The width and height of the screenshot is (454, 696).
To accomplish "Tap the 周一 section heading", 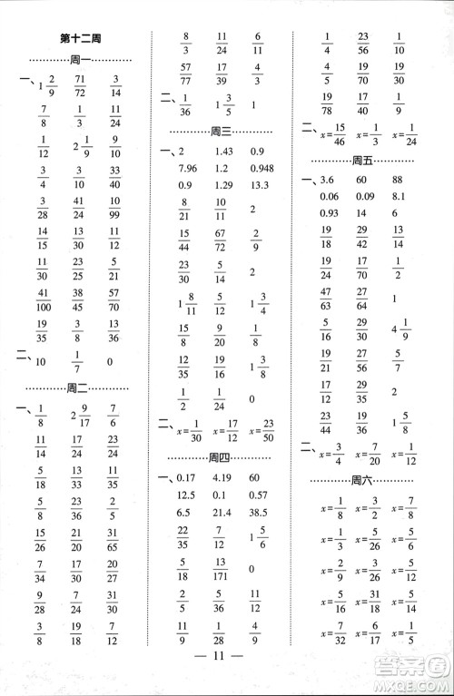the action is tap(80, 60).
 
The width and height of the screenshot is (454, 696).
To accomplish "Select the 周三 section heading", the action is tap(222, 131).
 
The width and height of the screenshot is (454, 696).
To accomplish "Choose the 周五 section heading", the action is tap(363, 161).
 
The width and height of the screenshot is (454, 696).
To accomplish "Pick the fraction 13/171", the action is tap(221, 568).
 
